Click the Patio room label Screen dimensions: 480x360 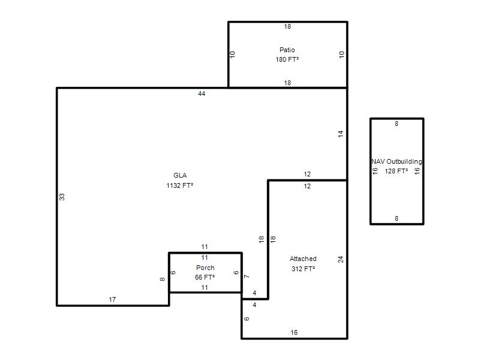click(x=287, y=50)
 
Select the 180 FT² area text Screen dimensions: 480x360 click(x=287, y=59)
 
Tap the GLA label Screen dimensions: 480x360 click(x=180, y=175)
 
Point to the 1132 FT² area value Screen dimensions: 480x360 click(x=179, y=185)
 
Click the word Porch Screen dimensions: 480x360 click(x=205, y=268)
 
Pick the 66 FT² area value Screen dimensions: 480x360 click(x=205, y=277)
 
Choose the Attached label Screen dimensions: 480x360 click(x=303, y=259)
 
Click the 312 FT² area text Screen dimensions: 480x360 click(x=303, y=269)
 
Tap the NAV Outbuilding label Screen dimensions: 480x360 click(x=397, y=161)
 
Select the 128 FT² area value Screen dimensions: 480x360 click(x=396, y=171)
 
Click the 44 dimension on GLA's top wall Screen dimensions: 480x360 click(x=202, y=94)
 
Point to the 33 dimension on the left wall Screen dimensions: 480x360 click(x=62, y=197)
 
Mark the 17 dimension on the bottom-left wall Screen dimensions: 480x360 click(x=112, y=299)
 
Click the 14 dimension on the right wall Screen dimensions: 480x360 click(x=341, y=134)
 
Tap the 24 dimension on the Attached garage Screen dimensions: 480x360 click(x=341, y=259)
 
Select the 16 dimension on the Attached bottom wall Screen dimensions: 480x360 click(x=294, y=332)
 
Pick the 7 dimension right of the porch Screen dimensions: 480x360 click(x=247, y=277)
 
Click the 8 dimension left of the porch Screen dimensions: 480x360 click(x=163, y=279)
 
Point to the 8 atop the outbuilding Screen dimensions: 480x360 click(x=397, y=124)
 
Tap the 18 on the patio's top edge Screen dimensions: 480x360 click(x=287, y=26)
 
